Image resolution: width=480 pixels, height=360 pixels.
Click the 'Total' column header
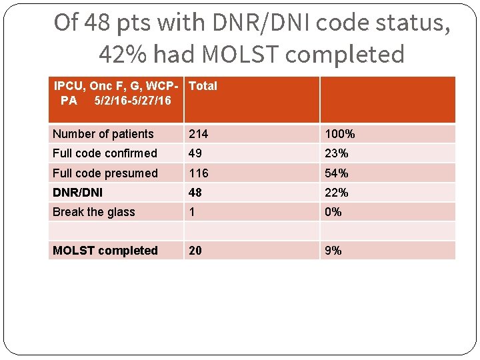[x=203, y=86]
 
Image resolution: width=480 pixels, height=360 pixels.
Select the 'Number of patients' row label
[x=103, y=134]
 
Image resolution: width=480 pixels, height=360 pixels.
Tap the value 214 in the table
[x=199, y=134]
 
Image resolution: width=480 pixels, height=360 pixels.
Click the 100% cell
[x=340, y=134]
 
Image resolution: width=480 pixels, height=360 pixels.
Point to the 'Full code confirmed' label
[x=105, y=153]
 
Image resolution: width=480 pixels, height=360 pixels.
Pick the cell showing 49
[x=195, y=153]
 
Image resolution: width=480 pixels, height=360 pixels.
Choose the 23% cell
[x=337, y=153]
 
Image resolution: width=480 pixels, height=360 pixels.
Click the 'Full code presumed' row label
[x=105, y=173]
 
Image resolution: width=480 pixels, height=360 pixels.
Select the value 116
[x=199, y=173]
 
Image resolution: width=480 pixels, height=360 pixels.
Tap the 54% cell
[x=337, y=173]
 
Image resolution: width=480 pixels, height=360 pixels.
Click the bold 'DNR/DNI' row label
[x=78, y=193]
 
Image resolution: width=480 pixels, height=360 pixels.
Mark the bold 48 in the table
[x=195, y=193]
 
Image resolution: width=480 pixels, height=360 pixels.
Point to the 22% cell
[x=337, y=193]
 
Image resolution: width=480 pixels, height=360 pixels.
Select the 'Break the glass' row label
[x=94, y=212]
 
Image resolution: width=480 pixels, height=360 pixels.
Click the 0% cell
[x=333, y=212]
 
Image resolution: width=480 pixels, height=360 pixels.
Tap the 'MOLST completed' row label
[x=105, y=251]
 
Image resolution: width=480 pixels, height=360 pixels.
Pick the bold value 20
[x=195, y=251]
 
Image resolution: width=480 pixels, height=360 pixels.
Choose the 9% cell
[x=333, y=251]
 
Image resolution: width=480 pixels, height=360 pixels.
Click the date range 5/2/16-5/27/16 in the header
[x=133, y=101]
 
